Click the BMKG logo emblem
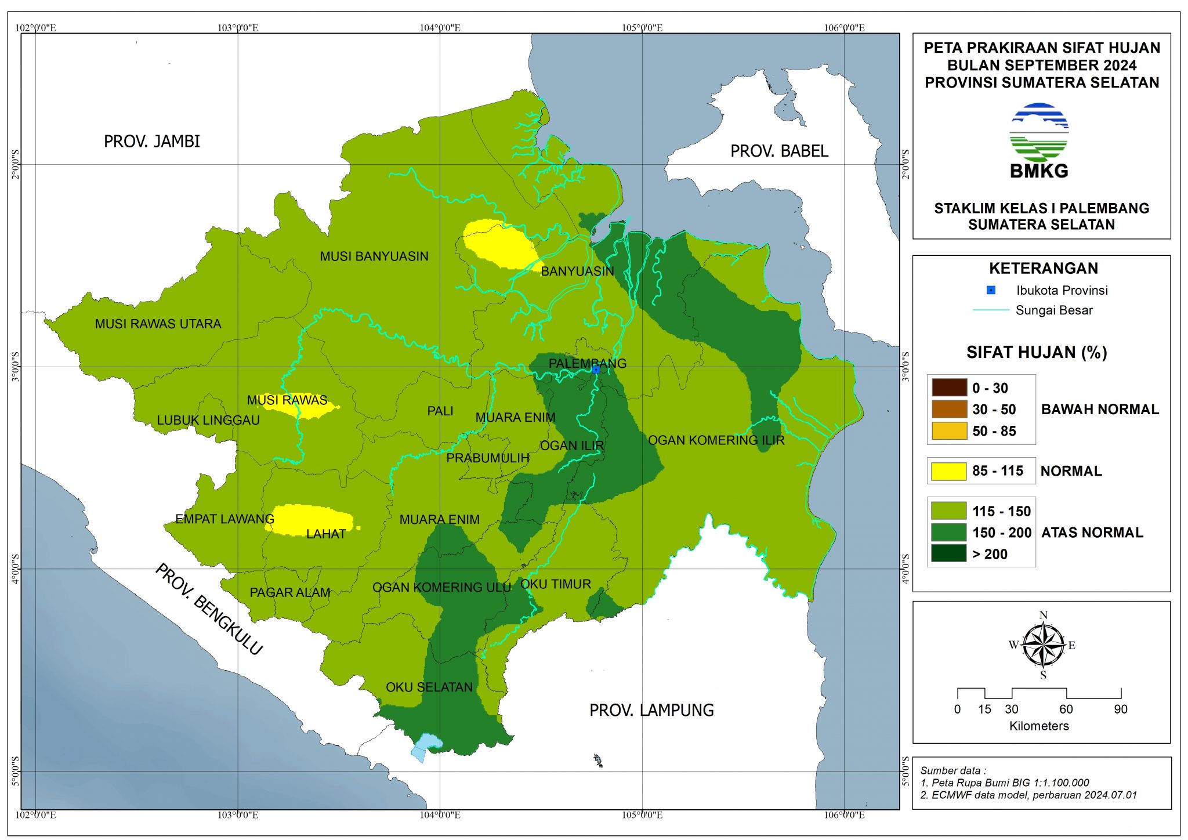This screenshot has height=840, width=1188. pos(1038,133)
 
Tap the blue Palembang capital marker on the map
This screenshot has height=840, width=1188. pos(596,369)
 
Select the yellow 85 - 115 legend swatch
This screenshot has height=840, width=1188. pos(948,471)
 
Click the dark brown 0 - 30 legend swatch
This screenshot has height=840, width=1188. pos(949,388)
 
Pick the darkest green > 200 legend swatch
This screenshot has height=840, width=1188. pos(948,553)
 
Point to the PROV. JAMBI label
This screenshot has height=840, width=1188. pos(151,142)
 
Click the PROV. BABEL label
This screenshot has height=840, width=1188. pos(778,151)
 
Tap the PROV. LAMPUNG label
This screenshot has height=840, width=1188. pos(651,710)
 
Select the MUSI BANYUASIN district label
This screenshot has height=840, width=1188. pos(374,256)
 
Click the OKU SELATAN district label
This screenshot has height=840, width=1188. pos(429,687)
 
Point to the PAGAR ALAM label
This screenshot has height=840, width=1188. pos(289,593)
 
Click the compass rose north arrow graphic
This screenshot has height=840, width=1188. pos(1043,645)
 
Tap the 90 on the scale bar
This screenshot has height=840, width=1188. pos(1120,709)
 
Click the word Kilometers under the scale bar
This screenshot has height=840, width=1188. pos(1038,726)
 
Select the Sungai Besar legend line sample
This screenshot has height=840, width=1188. pos(991,310)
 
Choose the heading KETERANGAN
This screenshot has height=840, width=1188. pos(1043,269)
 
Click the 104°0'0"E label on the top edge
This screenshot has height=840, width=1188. pos(440,28)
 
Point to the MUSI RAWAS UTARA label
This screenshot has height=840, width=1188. pos(158,324)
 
